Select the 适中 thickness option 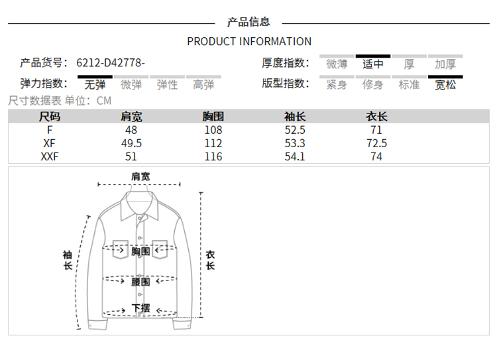(372, 64)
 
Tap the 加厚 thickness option (445, 64)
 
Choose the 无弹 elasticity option (95, 84)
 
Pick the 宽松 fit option (445, 84)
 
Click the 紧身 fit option (337, 84)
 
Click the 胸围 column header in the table (213, 117)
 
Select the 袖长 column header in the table (294, 117)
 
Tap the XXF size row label (50, 156)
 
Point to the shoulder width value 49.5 (131, 143)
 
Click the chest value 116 (213, 156)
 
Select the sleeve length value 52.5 (294, 130)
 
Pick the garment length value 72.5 (376, 143)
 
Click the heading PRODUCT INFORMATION (248, 41)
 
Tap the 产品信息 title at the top (248, 22)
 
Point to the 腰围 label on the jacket (140, 281)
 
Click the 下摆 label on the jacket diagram (140, 308)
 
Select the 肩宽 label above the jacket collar (140, 176)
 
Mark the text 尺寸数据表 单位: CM (60, 101)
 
